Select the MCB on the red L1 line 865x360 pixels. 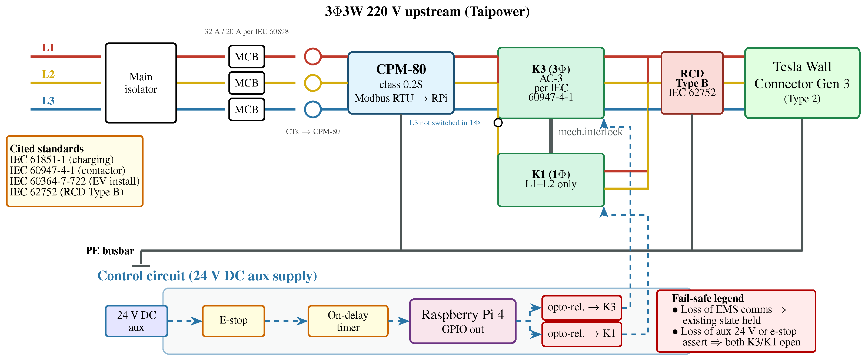pos(247,56)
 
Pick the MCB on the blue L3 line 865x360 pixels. pos(247,109)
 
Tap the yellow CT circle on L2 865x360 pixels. pos(313,83)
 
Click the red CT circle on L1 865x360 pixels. pos(313,56)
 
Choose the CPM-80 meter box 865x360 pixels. pos(401,83)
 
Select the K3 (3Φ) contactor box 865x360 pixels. pos(551,83)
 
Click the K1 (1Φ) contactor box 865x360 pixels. pos(551,180)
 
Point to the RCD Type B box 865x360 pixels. pos(692,83)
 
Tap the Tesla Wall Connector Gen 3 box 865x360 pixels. pos(802,83)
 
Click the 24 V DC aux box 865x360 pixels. pos(136,321)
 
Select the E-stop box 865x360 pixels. pos(233,321)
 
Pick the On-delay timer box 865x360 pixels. pos(348,321)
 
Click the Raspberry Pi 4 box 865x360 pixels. pos(463,321)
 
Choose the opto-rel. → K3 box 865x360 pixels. pos(582,307)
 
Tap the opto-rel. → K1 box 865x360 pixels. pos(582,334)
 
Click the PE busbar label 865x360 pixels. pos(110,251)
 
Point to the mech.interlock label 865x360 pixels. pos(590,132)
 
